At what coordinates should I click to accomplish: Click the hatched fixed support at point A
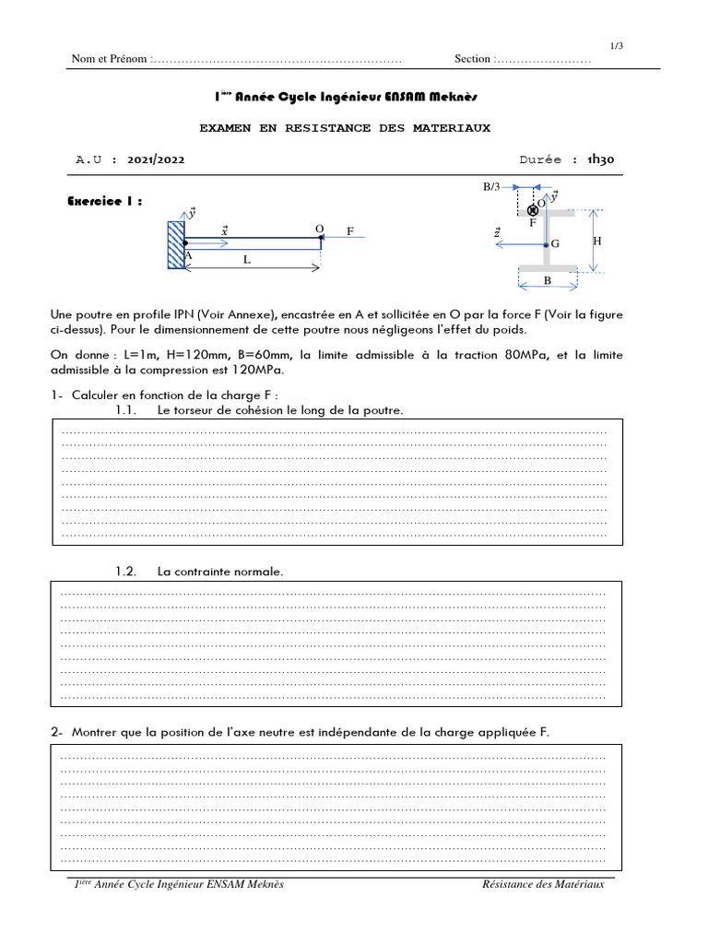tap(176, 243)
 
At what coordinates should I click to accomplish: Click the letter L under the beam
tap(247, 261)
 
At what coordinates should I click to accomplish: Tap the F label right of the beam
tap(350, 231)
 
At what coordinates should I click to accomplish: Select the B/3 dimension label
tap(492, 187)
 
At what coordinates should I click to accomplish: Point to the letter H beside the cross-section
tap(597, 241)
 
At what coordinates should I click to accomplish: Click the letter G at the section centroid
tap(556, 245)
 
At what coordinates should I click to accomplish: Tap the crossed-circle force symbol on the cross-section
tap(533, 211)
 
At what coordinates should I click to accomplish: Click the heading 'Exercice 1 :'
tap(106, 201)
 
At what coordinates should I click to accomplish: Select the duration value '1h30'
tap(600, 159)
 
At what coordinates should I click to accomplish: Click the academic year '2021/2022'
tap(157, 159)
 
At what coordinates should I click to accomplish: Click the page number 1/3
tap(617, 46)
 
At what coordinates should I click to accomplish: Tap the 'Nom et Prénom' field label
tap(109, 60)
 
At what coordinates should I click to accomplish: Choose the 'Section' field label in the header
tap(473, 60)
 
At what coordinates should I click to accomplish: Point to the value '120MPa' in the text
tap(260, 371)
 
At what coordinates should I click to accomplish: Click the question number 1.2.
tap(126, 572)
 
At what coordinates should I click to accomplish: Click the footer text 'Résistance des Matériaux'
tap(543, 885)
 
